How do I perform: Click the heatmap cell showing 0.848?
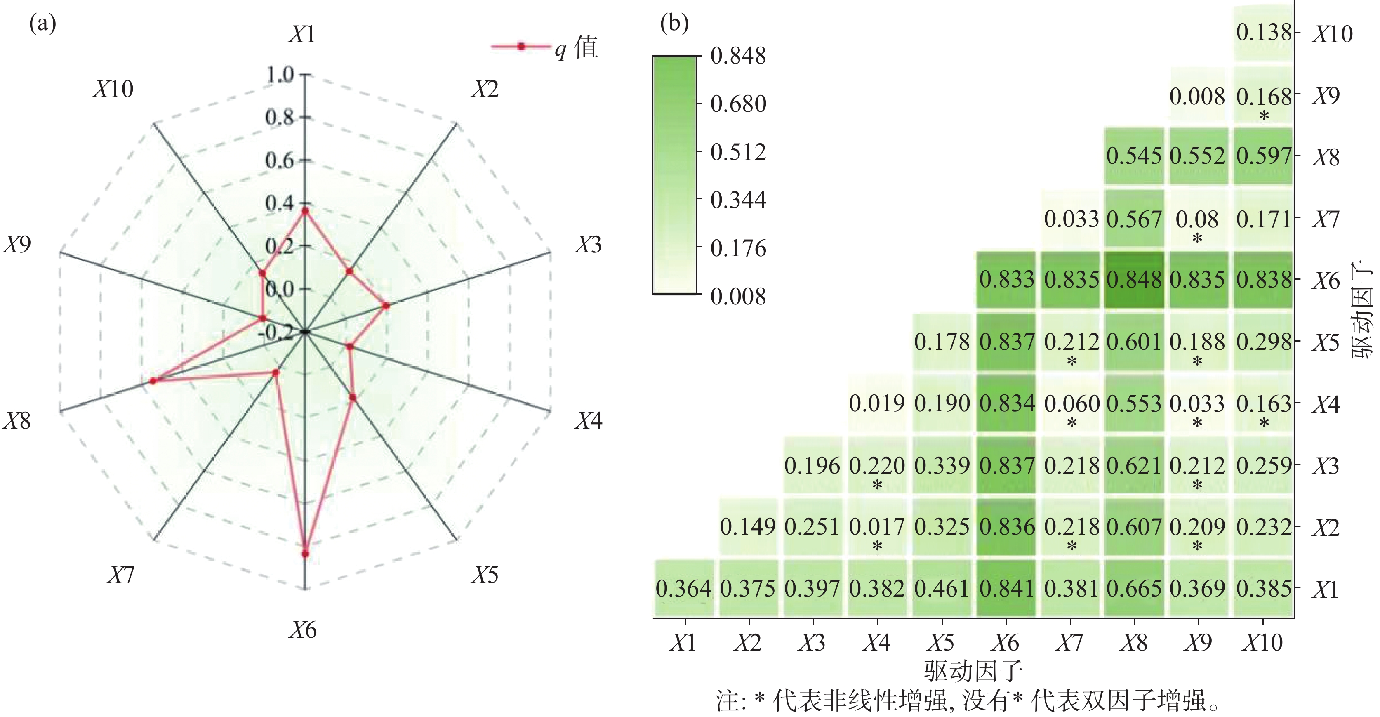point(1134,280)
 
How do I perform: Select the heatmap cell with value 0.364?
point(683,588)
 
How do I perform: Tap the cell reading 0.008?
point(1197,97)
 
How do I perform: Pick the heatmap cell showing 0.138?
point(1263,32)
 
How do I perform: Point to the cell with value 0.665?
point(1134,588)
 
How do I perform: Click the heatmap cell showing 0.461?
point(942,588)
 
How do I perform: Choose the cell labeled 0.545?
point(1134,156)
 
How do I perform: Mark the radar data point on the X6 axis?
point(305,554)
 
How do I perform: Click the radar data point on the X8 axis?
point(153,381)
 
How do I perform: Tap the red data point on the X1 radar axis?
point(305,212)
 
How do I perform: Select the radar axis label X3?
point(588,244)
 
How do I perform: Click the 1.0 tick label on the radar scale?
point(280,74)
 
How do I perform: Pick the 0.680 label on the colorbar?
point(738,104)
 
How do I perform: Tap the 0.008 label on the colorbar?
point(738,296)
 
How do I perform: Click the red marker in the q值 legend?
point(521,47)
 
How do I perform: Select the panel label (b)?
point(674,24)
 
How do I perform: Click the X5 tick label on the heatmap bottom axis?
point(941,642)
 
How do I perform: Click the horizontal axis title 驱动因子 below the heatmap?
point(973,671)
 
